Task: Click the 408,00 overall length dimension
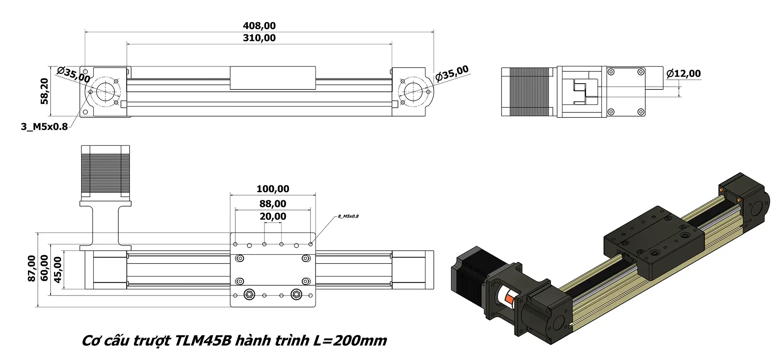click(x=259, y=26)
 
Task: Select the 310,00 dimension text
click(x=259, y=38)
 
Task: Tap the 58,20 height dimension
click(x=45, y=91)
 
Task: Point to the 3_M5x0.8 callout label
click(x=44, y=127)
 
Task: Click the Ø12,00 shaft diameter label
click(x=683, y=73)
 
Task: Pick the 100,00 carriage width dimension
click(x=273, y=189)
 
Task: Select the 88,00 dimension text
click(x=273, y=204)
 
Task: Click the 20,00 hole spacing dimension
click(x=273, y=217)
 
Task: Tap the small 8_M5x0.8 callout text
click(x=348, y=216)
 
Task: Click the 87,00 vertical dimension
click(x=32, y=268)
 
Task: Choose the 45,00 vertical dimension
click(x=58, y=269)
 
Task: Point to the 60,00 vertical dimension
click(x=45, y=268)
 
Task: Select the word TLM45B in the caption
click(x=203, y=341)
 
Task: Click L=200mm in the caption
click(x=350, y=341)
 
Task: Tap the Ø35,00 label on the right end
click(x=452, y=74)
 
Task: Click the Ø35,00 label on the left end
click(x=74, y=75)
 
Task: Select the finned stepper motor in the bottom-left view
click(x=105, y=171)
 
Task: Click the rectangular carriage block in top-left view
click(x=272, y=78)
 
